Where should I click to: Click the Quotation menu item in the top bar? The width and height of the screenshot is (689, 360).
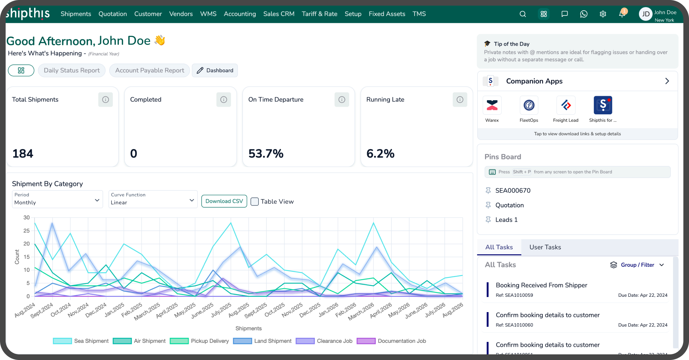pyautogui.click(x=113, y=14)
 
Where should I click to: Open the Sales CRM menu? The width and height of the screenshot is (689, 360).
pyautogui.click(x=279, y=14)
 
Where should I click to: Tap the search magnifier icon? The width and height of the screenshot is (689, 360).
pyautogui.click(x=523, y=14)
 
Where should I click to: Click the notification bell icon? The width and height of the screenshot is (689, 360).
pyautogui.click(x=622, y=13)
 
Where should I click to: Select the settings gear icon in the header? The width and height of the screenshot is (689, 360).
pyautogui.click(x=603, y=14)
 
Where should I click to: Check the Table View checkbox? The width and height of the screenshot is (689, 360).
pyautogui.click(x=255, y=202)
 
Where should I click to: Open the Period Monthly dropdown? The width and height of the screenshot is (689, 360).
pyautogui.click(x=58, y=199)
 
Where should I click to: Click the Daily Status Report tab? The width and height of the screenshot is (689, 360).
pyautogui.click(x=72, y=70)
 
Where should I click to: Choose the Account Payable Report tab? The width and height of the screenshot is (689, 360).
pyautogui.click(x=150, y=70)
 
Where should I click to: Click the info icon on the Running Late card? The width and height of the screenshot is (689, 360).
pyautogui.click(x=460, y=100)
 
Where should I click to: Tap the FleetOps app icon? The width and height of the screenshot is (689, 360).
pyautogui.click(x=529, y=105)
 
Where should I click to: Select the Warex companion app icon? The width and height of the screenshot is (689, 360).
pyautogui.click(x=492, y=105)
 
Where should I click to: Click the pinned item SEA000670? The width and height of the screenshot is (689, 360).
pyautogui.click(x=513, y=191)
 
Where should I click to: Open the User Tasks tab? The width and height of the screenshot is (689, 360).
pyautogui.click(x=545, y=247)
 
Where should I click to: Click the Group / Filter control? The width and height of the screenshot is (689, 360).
pyautogui.click(x=637, y=265)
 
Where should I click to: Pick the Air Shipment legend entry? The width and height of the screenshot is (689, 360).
pyautogui.click(x=139, y=341)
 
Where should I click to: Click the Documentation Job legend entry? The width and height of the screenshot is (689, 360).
pyautogui.click(x=391, y=341)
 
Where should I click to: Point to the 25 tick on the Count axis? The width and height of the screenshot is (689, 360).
pyautogui.click(x=27, y=231)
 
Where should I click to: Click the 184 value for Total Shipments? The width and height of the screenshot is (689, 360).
pyautogui.click(x=23, y=154)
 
